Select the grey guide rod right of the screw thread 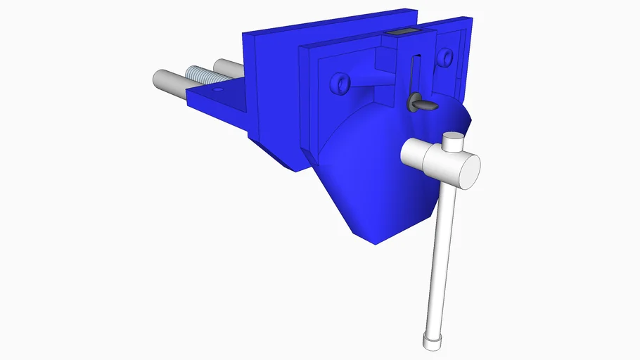point(227,68)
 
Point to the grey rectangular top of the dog point(402,32)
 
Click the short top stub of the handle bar point(454,143)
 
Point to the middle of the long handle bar point(440,260)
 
